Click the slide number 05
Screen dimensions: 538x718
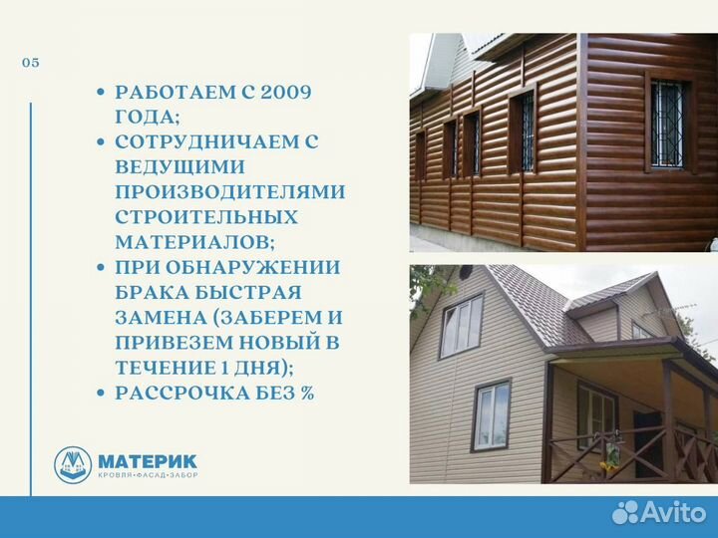click(x=31, y=63)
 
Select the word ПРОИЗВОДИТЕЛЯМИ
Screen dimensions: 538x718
click(x=230, y=192)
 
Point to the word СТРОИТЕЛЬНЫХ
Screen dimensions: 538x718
click(x=205, y=217)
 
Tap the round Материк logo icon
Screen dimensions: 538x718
click(x=73, y=465)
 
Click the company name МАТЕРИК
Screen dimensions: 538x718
click(x=148, y=460)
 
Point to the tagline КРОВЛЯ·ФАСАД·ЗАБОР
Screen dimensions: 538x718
click(x=147, y=477)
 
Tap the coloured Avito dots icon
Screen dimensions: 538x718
click(x=626, y=512)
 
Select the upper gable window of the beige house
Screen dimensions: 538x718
click(x=461, y=326)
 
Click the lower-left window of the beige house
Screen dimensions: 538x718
click(x=491, y=415)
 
